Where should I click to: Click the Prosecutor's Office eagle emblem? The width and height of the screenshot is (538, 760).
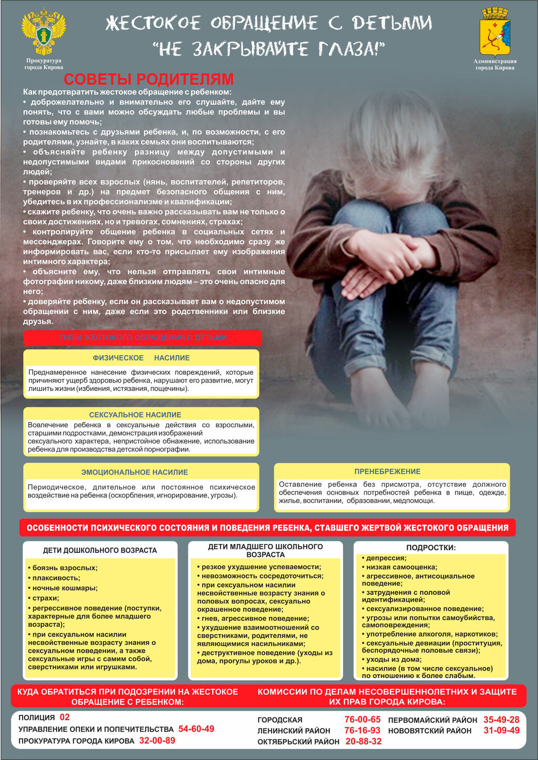(44, 33)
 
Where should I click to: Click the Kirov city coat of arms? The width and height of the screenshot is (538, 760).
(495, 33)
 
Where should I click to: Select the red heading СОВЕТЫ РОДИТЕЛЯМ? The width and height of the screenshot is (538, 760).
(148, 79)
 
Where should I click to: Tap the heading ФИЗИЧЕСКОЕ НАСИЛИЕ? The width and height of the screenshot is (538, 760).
(141, 358)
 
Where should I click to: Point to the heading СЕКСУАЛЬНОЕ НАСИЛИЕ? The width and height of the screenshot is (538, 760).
(135, 415)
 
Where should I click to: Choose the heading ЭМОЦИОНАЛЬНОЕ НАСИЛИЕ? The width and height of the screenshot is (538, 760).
(134, 473)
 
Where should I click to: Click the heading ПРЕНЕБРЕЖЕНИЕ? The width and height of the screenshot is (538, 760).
(387, 471)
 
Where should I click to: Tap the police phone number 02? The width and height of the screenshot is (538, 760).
(65, 717)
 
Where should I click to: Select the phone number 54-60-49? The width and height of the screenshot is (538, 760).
(196, 729)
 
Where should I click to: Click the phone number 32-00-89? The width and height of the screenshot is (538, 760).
(157, 741)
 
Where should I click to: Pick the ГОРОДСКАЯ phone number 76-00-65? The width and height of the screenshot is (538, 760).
(362, 720)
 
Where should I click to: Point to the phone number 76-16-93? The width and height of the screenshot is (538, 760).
(362, 731)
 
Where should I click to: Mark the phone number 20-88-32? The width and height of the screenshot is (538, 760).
(364, 742)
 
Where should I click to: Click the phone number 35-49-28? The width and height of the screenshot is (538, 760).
(501, 720)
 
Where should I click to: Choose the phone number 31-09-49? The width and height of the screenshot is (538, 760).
(501, 731)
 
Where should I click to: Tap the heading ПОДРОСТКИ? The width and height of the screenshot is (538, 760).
(431, 548)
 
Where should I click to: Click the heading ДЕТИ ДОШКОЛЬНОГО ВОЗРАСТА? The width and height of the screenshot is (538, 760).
(100, 550)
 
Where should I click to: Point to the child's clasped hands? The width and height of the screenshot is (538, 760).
(389, 258)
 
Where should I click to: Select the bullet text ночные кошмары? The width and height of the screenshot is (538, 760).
(65, 588)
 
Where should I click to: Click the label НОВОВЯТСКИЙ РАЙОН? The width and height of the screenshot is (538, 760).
(430, 731)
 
